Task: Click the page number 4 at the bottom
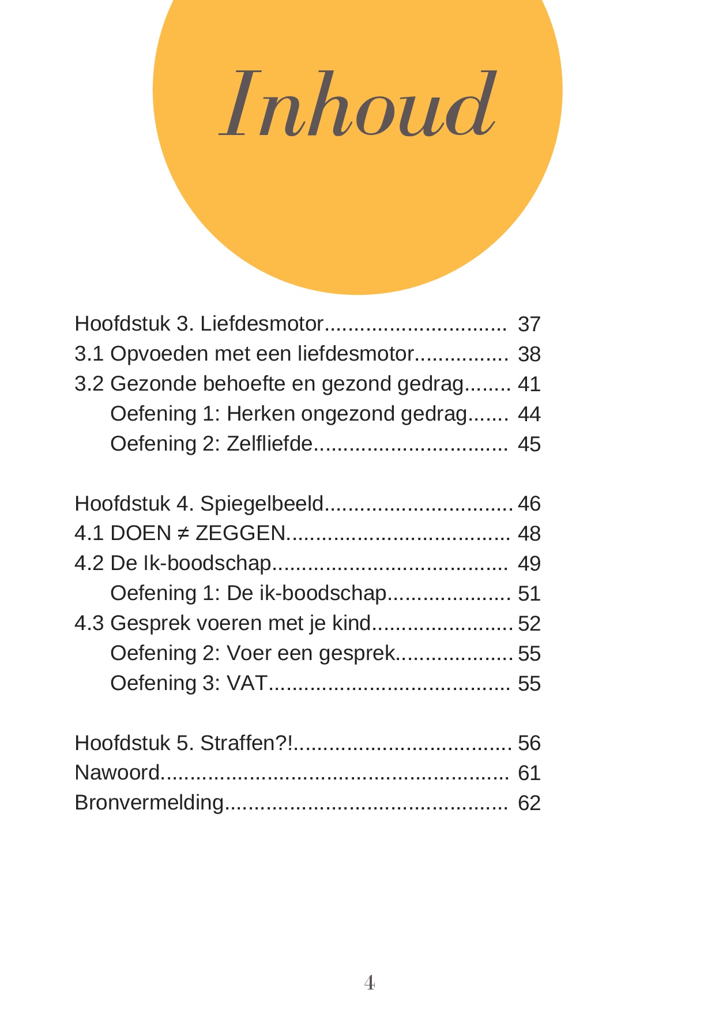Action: tap(370, 982)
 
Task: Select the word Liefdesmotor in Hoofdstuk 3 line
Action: tap(262, 324)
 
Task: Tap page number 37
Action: tap(529, 324)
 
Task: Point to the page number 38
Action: tap(529, 354)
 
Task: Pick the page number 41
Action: tap(529, 384)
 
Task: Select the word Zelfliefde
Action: tap(269, 444)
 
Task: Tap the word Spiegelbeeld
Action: tap(262, 504)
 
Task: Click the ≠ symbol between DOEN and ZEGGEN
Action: tap(183, 533)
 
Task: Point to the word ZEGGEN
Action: tap(240, 533)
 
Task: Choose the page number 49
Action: tap(529, 564)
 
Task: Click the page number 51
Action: tap(529, 594)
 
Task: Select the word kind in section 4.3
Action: tap(351, 623)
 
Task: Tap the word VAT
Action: tap(247, 683)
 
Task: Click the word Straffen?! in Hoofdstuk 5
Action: tap(247, 743)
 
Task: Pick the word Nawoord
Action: tap(117, 773)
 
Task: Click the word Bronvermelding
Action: tap(149, 803)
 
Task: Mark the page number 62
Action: tap(529, 803)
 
